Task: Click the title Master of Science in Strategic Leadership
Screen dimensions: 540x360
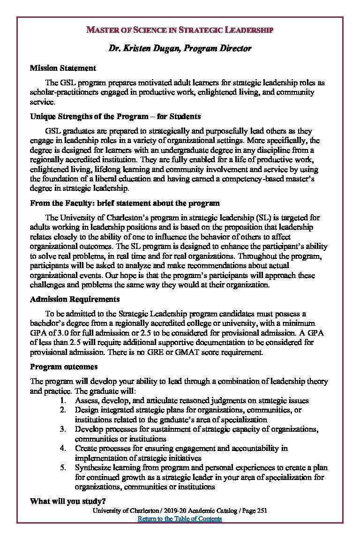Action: click(x=180, y=30)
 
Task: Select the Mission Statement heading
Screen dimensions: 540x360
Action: click(x=63, y=68)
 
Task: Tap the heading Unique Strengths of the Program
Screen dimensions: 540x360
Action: click(x=115, y=116)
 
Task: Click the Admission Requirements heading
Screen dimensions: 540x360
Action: click(x=75, y=299)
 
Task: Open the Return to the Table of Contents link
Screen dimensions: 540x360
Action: click(x=180, y=519)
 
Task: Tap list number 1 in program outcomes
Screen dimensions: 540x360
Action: click(x=63, y=400)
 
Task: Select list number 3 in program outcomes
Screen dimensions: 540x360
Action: click(x=63, y=429)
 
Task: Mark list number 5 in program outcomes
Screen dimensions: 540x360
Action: click(x=63, y=468)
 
